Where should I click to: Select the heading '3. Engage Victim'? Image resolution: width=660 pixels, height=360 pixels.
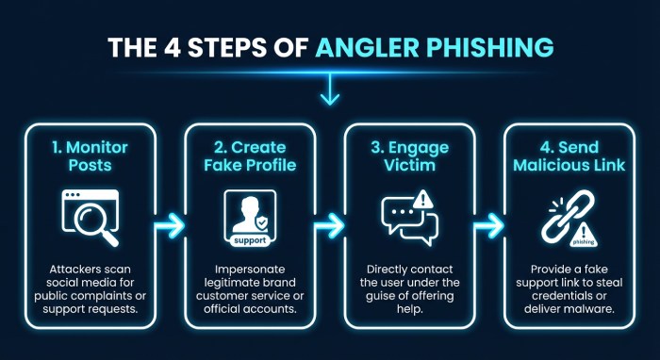pos(411,156)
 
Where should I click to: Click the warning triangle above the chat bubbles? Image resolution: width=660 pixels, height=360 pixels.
pos(425,199)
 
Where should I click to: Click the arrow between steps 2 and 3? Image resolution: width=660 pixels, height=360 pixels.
pos(328,225)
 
